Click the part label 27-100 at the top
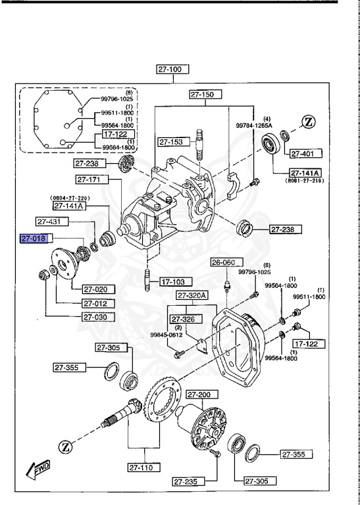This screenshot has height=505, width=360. click(172, 68)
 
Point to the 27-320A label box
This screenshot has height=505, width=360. click(192, 295)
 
